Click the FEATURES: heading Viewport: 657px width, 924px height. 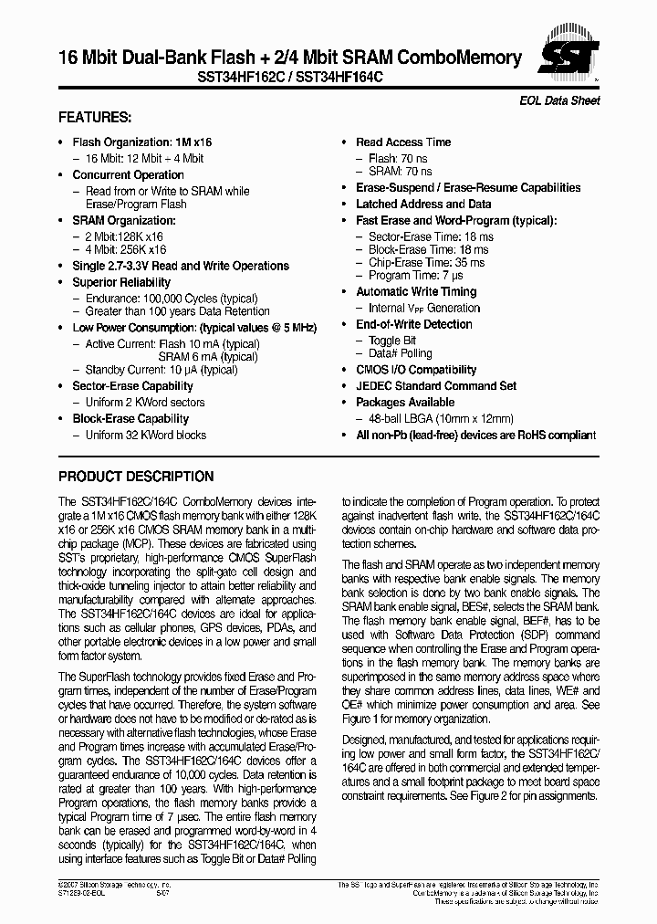(x=95, y=118)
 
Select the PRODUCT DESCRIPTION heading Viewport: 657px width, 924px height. (x=136, y=477)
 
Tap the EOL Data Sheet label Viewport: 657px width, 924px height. (x=566, y=100)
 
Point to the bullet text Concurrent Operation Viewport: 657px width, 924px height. (x=128, y=175)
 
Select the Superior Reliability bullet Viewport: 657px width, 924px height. (x=121, y=283)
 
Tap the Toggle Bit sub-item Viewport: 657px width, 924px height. (x=391, y=341)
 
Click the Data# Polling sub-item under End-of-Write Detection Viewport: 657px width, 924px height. (x=400, y=353)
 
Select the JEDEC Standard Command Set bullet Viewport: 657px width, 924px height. (x=435, y=386)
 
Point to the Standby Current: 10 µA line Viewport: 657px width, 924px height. (x=162, y=370)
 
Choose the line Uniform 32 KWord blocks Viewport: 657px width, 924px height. (x=146, y=436)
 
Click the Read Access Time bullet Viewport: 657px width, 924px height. (x=403, y=142)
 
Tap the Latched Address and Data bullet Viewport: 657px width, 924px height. (x=423, y=205)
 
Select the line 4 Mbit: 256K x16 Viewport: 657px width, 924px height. (x=126, y=249)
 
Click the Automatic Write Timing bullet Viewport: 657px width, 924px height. (x=416, y=292)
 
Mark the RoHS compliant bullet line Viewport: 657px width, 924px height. (x=475, y=436)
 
